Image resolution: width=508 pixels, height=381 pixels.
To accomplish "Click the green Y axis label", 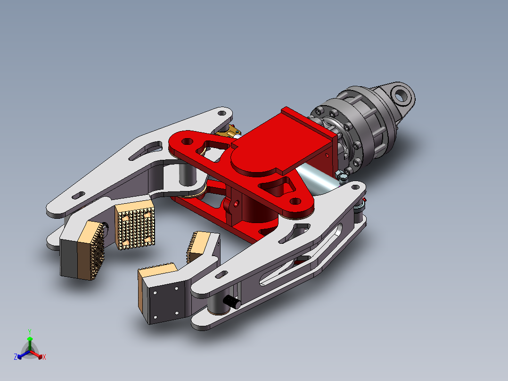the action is click(30, 331).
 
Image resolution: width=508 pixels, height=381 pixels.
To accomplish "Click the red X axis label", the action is click(44, 357).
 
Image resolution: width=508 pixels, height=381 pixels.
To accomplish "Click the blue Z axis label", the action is click(15, 356).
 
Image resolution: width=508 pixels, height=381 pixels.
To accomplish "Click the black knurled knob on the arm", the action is click(232, 302).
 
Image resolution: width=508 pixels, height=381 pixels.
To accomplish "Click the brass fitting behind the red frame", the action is click(229, 132).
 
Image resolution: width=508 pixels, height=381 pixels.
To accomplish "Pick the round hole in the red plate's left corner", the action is click(187, 141).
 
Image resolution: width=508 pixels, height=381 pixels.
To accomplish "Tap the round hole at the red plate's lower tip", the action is click(295, 201).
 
